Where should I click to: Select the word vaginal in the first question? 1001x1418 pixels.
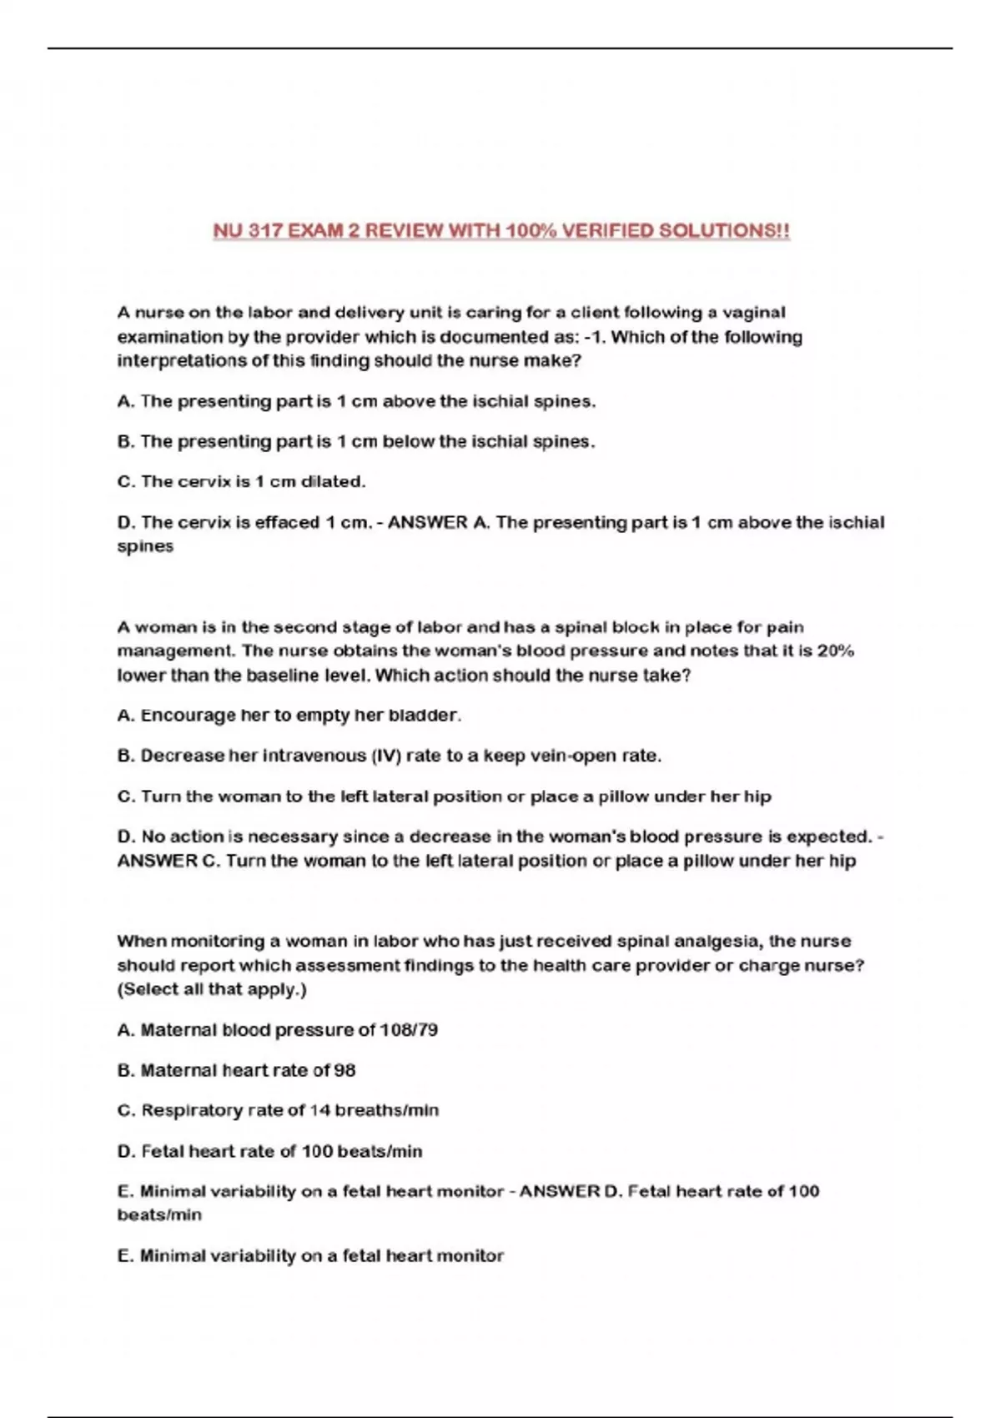tap(753, 313)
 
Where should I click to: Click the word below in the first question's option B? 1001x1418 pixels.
tap(410, 441)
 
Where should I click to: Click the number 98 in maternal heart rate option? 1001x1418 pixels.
tap(345, 1070)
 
